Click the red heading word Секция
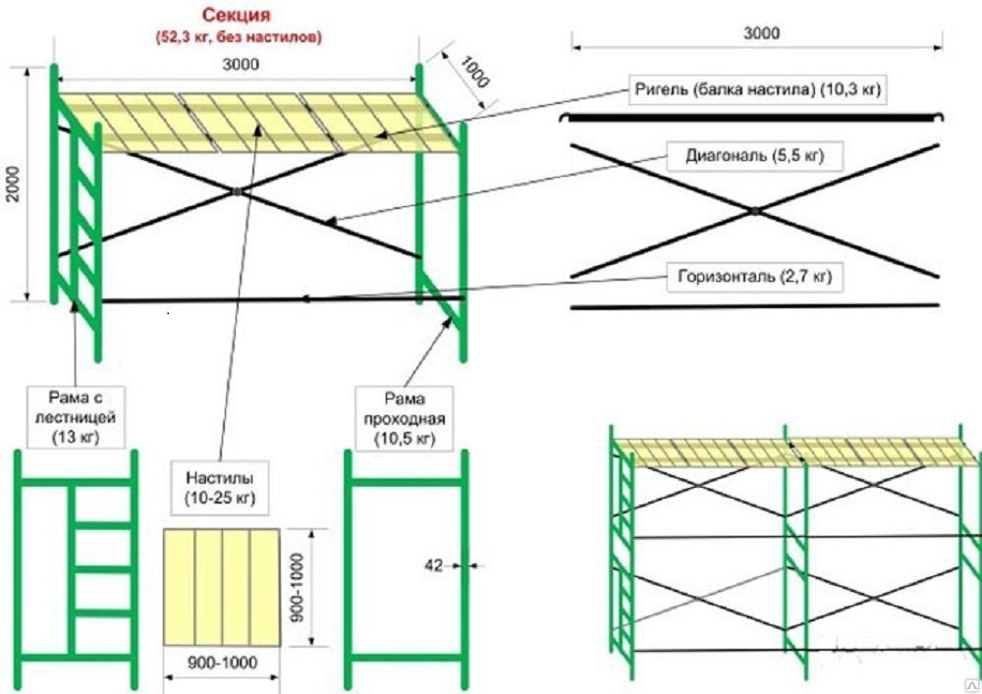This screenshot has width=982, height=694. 238,16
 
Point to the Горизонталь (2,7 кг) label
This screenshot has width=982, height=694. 754,278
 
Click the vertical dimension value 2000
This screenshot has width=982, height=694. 13,183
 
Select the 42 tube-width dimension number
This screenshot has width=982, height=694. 432,564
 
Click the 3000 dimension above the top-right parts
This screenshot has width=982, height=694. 760,32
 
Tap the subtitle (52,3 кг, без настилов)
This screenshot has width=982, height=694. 238,36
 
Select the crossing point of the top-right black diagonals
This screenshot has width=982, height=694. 754,210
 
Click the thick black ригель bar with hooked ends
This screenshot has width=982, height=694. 754,119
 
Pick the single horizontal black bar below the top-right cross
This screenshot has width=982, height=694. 754,306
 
